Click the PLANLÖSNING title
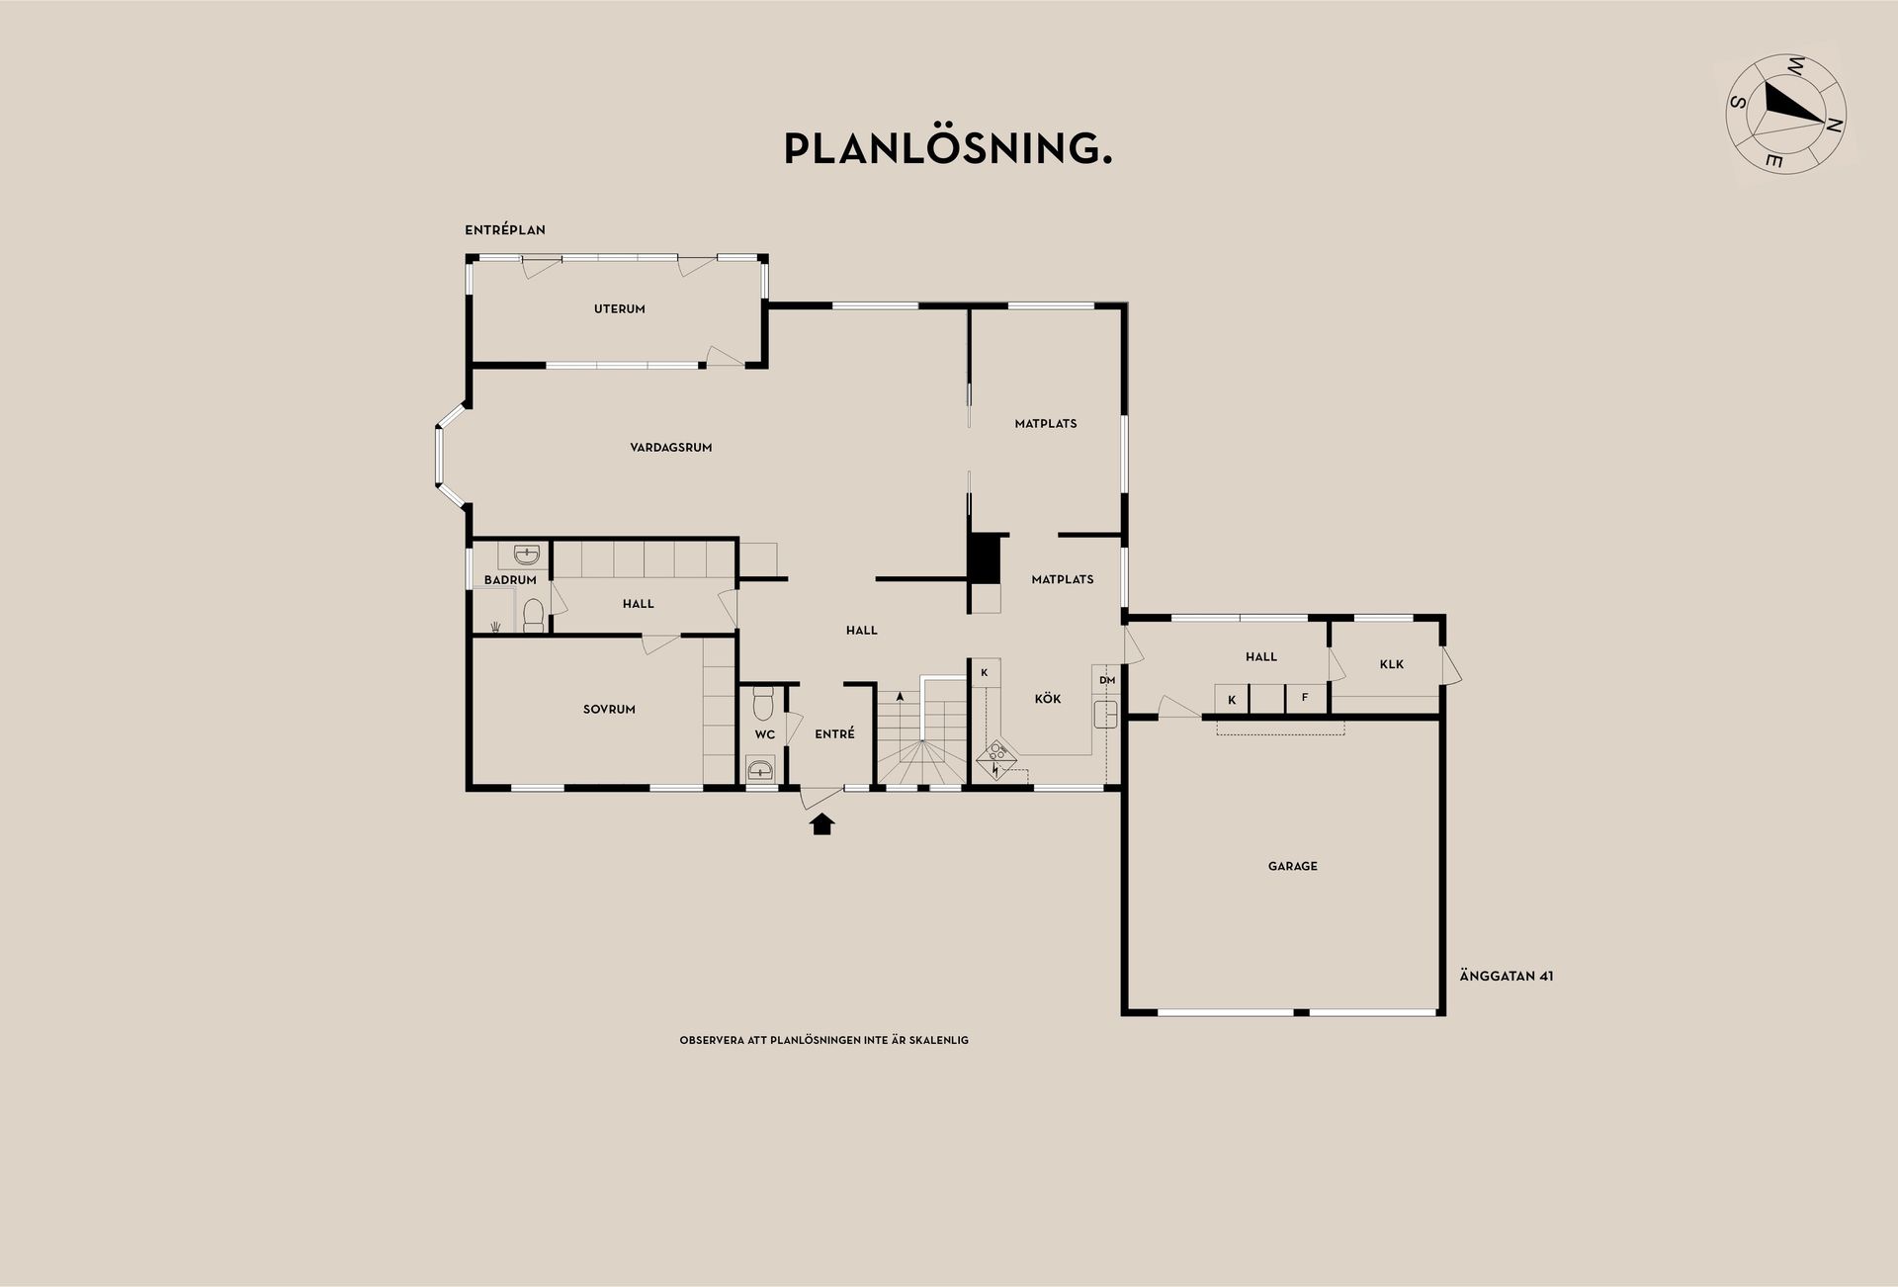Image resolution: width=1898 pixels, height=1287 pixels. click(948, 148)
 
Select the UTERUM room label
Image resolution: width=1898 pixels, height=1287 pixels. click(620, 309)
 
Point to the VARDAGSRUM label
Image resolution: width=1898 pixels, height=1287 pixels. click(671, 448)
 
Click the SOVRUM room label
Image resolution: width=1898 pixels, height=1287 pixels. click(609, 710)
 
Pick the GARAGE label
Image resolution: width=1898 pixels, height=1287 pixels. click(1293, 867)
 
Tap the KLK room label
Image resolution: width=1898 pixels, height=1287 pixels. click(1392, 665)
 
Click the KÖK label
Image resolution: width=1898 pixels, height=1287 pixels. click(1048, 699)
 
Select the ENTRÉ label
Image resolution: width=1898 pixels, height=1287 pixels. click(834, 733)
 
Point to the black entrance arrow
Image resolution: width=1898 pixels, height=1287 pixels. click(821, 823)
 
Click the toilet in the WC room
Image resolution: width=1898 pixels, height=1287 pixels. click(762, 703)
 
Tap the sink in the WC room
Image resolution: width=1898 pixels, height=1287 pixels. click(761, 768)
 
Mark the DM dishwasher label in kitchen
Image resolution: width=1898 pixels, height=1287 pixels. click(1107, 680)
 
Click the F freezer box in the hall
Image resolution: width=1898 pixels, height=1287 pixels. click(1304, 698)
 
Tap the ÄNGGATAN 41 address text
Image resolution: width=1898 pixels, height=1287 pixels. click(1507, 977)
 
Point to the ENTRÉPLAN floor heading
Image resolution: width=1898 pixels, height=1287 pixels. click(505, 230)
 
